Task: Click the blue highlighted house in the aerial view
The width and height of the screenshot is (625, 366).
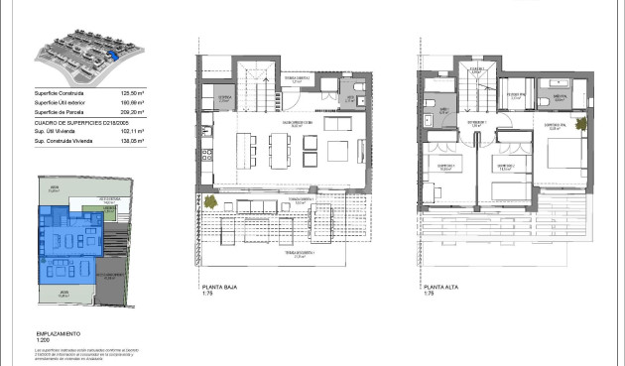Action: click(x=117, y=57)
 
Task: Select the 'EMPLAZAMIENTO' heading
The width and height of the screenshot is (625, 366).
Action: click(x=57, y=334)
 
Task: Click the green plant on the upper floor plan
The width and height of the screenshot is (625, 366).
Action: click(x=580, y=125)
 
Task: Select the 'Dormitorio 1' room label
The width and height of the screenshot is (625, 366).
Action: click(x=445, y=166)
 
